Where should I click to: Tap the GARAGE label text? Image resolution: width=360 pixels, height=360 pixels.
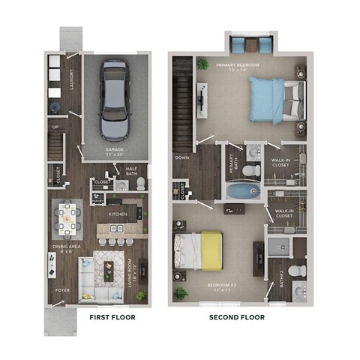click(115, 151)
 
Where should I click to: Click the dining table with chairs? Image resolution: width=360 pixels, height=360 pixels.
click(69, 220)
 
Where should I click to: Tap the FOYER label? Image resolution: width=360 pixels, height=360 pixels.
click(59, 289)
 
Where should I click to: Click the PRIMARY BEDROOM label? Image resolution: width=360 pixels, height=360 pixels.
click(237, 66)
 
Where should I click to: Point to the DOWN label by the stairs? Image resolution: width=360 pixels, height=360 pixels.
click(181, 158)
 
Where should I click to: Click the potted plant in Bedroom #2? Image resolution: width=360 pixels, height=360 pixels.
click(181, 291)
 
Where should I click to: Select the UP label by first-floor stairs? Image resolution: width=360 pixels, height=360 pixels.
click(54, 127)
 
